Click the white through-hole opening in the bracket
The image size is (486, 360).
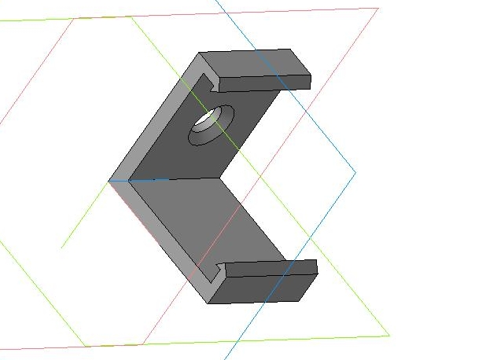[x=207, y=119]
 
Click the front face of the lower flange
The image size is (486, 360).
[x=267, y=288]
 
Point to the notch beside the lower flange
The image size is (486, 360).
[x=219, y=271]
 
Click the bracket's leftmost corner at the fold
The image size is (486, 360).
[x=109, y=181]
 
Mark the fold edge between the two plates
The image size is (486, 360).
[x=165, y=179]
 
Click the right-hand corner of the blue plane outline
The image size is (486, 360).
[x=355, y=172]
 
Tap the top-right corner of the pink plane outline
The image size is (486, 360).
[x=378, y=8]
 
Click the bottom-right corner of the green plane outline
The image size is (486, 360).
[x=389, y=336]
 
